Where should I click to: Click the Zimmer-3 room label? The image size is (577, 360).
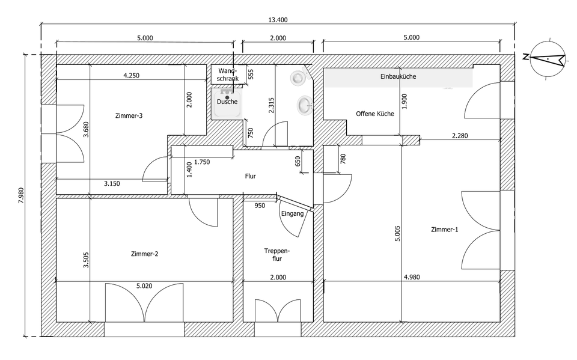(x=129, y=115)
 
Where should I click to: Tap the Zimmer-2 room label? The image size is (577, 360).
(x=144, y=254)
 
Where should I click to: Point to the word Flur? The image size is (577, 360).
(x=251, y=177)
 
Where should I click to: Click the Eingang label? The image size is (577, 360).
(x=293, y=213)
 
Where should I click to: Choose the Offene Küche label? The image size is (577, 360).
(x=374, y=114)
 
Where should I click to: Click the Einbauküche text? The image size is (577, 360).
(x=398, y=77)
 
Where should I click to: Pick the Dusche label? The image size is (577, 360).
(x=227, y=102)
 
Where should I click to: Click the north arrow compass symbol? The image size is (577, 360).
(x=546, y=58)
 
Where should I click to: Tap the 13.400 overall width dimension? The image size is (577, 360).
(x=277, y=19)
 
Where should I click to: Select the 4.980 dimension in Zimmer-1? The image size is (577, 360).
(x=412, y=277)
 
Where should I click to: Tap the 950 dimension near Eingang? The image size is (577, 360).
(x=260, y=206)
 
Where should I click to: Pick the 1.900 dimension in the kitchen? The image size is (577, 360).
(x=405, y=103)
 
